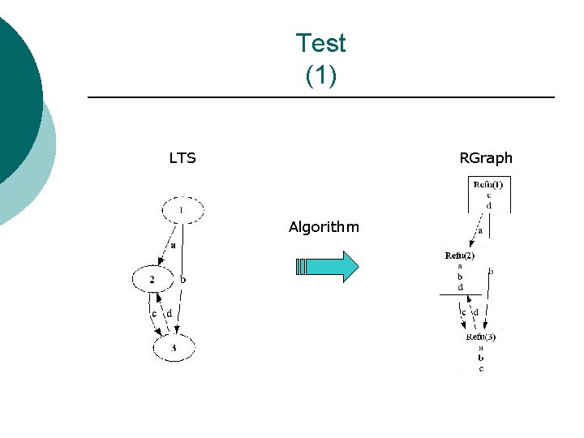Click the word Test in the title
click(320, 42)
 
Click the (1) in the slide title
click(320, 75)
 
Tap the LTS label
click(182, 158)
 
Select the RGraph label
click(486, 158)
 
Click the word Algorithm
click(324, 227)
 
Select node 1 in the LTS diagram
click(182, 210)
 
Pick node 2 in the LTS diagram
click(153, 279)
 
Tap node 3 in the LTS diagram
click(174, 348)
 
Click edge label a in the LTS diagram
click(173, 244)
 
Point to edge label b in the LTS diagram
click(183, 279)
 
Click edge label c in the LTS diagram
click(154, 313)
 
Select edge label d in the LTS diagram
click(169, 313)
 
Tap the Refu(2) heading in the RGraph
click(460, 255)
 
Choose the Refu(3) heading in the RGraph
click(481, 337)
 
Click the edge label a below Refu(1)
click(480, 230)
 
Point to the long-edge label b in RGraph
click(491, 272)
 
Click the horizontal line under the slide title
click(320, 98)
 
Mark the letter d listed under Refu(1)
click(488, 205)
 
